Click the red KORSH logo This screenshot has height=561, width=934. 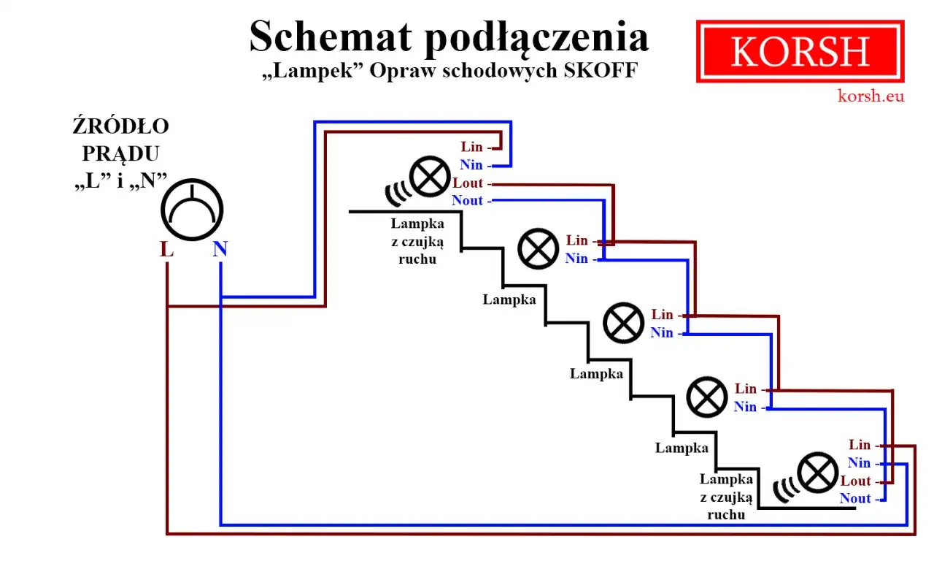(x=800, y=51)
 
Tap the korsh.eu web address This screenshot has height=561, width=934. (x=871, y=95)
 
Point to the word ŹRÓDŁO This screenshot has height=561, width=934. (x=120, y=126)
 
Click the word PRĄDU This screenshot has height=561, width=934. (x=120, y=153)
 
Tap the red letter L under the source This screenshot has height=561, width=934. (x=167, y=249)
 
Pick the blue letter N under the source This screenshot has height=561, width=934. (x=220, y=249)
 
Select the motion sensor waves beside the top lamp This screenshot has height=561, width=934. (x=397, y=191)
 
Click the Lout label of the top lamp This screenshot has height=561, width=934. (x=468, y=183)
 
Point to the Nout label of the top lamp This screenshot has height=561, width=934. (x=467, y=201)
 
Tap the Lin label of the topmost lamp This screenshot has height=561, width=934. (x=471, y=148)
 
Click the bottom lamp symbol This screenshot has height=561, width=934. (x=817, y=473)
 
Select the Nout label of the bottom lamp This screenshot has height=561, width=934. (x=855, y=499)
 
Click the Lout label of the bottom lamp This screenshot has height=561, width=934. (x=856, y=481)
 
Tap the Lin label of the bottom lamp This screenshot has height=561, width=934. (x=860, y=445)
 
